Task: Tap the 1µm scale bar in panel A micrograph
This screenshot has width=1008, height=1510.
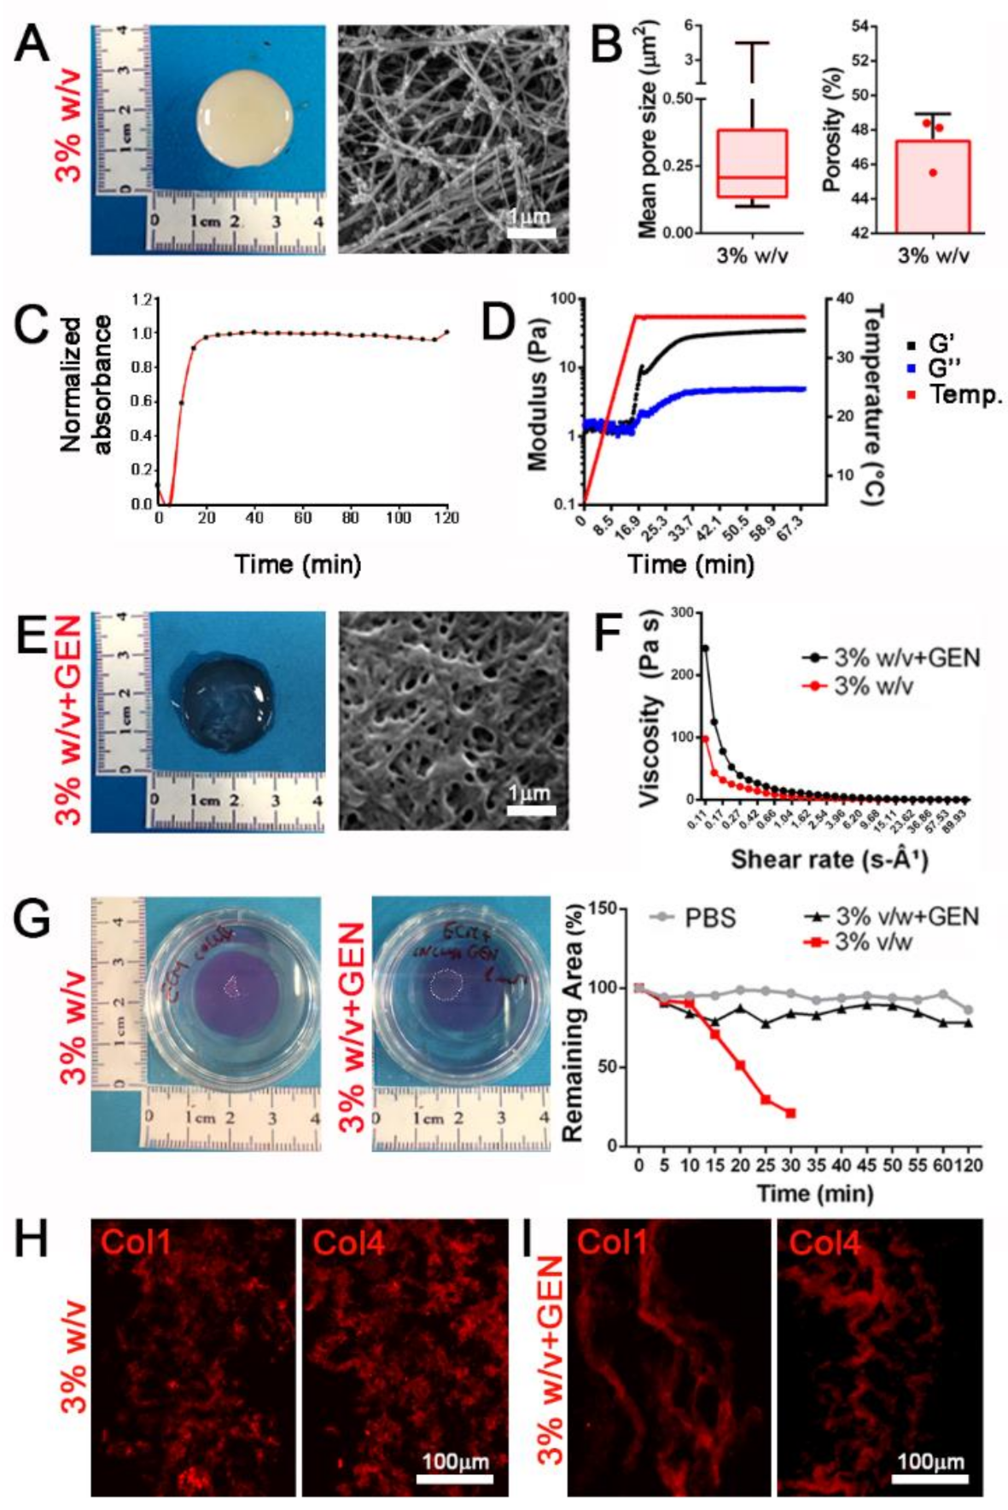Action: click(x=531, y=231)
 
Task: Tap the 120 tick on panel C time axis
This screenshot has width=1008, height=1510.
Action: click(x=446, y=518)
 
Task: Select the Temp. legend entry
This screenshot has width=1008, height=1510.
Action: click(x=956, y=394)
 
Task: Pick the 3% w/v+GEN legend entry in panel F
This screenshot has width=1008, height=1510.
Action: click(x=891, y=658)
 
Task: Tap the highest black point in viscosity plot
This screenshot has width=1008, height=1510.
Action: click(x=705, y=648)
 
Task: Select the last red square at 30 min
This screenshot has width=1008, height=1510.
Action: click(x=790, y=1113)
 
